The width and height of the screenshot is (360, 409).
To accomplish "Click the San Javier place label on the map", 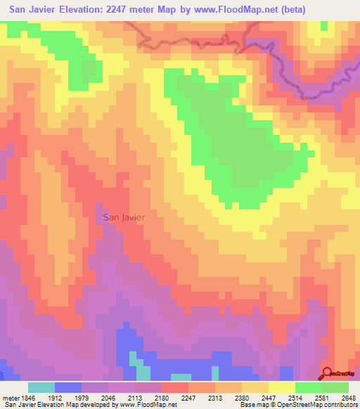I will [x=124, y=217].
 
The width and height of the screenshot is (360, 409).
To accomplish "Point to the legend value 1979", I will [x=82, y=397].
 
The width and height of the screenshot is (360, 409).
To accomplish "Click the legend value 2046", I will [x=108, y=397].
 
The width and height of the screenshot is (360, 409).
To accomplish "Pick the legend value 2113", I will [x=135, y=397].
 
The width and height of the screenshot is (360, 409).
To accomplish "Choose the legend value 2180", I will [x=162, y=397].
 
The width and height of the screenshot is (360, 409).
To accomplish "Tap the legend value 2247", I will [x=189, y=397].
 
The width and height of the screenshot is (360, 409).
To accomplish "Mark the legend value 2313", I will [x=216, y=397].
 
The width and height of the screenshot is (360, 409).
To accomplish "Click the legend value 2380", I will [x=243, y=397].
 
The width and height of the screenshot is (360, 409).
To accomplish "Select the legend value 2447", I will [x=269, y=397].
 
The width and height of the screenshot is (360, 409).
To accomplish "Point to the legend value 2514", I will [x=296, y=397].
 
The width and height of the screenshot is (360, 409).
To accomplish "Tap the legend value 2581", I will [x=323, y=397].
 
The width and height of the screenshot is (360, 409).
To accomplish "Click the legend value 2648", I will [x=349, y=397].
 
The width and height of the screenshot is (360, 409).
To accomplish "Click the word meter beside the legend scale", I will [x=8, y=397].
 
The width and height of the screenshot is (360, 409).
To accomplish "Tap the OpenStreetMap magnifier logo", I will [x=328, y=374].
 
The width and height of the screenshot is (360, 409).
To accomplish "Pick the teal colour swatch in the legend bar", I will [x=41, y=387].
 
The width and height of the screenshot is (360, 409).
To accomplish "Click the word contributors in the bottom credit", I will [x=338, y=405].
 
